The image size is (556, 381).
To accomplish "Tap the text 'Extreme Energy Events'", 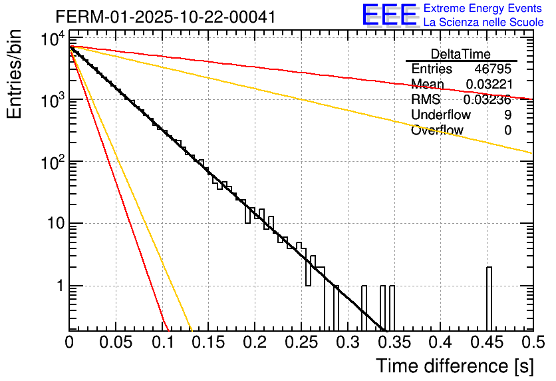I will pyautogui.click(x=483, y=9).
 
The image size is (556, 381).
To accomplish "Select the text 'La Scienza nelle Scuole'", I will pyautogui.click(x=484, y=22).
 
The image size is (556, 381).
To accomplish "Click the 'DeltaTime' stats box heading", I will pyautogui.click(x=461, y=54).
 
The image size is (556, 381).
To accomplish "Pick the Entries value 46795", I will pyautogui.click(x=493, y=69).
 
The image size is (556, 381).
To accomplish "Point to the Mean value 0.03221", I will pyautogui.click(x=488, y=85).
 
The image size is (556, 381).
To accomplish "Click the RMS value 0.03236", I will pyautogui.click(x=488, y=100).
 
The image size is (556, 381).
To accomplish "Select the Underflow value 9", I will pyautogui.click(x=507, y=115).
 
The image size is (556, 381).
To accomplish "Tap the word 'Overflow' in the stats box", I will pyautogui.click(x=437, y=131).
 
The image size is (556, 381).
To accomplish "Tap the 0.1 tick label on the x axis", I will pyautogui.click(x=162, y=342).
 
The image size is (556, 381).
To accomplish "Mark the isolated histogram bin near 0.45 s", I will pyautogui.click(x=489, y=298).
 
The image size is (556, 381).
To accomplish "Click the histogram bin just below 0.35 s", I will pyautogui.click(x=392, y=308).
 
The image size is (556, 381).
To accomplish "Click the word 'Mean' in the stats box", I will pyautogui.click(x=428, y=85).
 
